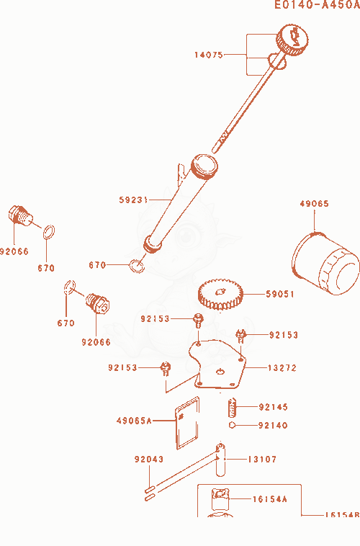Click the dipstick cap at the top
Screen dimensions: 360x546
(x=292, y=40)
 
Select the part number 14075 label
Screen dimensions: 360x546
(x=209, y=55)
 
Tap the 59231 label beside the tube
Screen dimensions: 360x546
(x=133, y=200)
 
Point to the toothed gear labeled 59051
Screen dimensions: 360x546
(x=220, y=294)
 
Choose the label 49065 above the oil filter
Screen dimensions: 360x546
(x=315, y=204)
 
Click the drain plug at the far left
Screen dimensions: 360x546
(x=20, y=215)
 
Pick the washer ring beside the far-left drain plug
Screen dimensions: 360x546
(x=49, y=232)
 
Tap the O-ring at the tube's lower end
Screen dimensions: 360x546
(x=138, y=266)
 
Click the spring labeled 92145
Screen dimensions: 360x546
(x=233, y=408)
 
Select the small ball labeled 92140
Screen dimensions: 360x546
(x=232, y=425)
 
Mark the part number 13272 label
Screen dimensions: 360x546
(x=282, y=368)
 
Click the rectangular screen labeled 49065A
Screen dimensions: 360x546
(x=187, y=423)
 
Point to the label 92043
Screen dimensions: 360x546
(x=149, y=460)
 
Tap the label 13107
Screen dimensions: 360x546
(x=262, y=460)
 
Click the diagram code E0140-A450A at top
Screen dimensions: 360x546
(x=317, y=5)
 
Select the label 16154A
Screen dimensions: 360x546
(x=270, y=499)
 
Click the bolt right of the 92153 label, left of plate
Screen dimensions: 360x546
(x=166, y=369)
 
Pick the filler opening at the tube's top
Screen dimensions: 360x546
(x=204, y=166)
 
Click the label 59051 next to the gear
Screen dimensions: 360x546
(x=280, y=294)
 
